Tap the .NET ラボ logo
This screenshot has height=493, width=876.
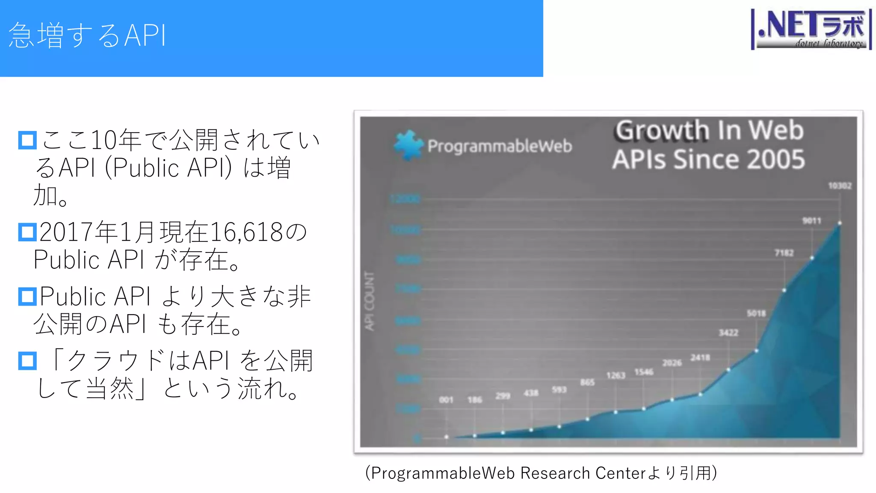click(x=811, y=30)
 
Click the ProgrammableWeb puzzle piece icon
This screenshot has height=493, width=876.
click(x=408, y=145)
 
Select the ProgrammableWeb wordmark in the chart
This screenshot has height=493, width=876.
click(x=500, y=146)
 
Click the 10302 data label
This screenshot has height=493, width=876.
click(x=840, y=186)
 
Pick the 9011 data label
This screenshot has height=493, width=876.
click(x=811, y=221)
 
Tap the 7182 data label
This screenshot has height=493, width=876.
click(x=784, y=253)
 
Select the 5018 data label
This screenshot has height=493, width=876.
click(x=756, y=313)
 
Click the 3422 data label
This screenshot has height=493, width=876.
click(x=728, y=333)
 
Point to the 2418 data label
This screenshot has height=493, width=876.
click(x=700, y=357)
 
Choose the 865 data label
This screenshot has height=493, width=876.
click(x=587, y=382)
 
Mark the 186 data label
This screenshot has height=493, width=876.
click(x=474, y=400)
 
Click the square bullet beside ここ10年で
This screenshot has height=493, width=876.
click(x=27, y=140)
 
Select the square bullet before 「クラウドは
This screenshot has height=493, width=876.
click(x=27, y=361)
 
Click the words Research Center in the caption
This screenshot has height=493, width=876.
click(x=583, y=473)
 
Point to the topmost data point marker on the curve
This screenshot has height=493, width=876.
click(x=840, y=223)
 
